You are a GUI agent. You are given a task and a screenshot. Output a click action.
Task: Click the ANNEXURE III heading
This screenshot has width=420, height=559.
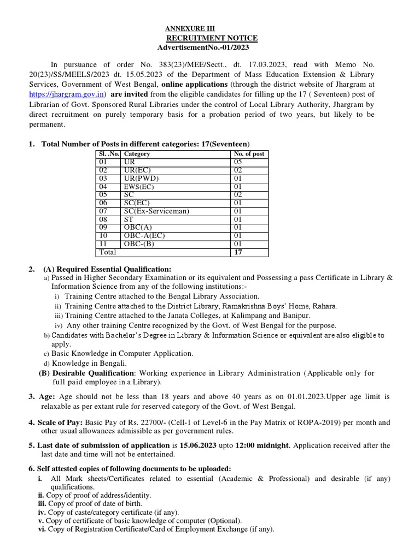click(x=190, y=28)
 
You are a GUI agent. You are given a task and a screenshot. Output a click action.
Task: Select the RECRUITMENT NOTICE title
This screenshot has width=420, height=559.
click(x=212, y=38)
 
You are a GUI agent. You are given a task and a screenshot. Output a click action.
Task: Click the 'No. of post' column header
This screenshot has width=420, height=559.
click(x=249, y=154)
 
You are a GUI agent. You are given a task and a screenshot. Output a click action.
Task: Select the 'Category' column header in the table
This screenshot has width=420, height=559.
click(x=137, y=154)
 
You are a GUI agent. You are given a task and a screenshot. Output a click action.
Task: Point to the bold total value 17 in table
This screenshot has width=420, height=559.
click(x=238, y=252)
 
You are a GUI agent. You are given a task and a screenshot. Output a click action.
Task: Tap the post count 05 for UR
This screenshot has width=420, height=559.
click(x=238, y=162)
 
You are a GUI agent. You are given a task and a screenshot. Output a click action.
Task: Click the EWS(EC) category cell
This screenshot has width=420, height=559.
click(x=139, y=187)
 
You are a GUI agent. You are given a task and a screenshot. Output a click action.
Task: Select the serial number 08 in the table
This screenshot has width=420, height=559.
click(x=103, y=219)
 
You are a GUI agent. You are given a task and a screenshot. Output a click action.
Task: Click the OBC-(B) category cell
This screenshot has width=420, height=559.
click(x=140, y=243)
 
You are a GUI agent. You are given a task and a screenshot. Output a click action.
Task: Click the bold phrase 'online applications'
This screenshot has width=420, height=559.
click(x=195, y=84)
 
